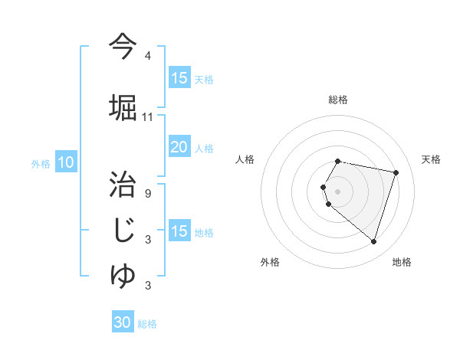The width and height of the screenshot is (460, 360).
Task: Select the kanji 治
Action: [123, 184]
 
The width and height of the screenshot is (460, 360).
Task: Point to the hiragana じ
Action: [123, 230]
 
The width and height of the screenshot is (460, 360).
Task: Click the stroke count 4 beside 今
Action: [148, 56]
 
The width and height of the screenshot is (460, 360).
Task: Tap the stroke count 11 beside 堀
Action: [148, 116]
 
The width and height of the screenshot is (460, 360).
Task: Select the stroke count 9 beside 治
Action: [148, 193]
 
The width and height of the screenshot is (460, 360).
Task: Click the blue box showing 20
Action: [179, 147]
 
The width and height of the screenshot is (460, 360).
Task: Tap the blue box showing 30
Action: [123, 322]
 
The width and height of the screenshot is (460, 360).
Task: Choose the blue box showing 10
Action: [66, 162]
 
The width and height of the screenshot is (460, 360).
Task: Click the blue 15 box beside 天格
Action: [179, 78]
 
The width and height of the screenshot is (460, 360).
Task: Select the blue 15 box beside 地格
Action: [179, 231]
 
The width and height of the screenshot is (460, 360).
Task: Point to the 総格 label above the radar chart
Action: [338, 100]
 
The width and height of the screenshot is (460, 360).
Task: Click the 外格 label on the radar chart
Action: [270, 262]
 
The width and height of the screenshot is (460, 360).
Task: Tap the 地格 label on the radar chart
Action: [402, 262]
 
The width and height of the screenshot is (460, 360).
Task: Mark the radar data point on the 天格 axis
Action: [396, 172]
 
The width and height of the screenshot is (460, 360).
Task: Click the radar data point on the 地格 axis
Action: [373, 241]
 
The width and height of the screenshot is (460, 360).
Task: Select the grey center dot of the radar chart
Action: [338, 191]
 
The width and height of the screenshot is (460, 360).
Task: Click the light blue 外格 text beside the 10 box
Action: [41, 163]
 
